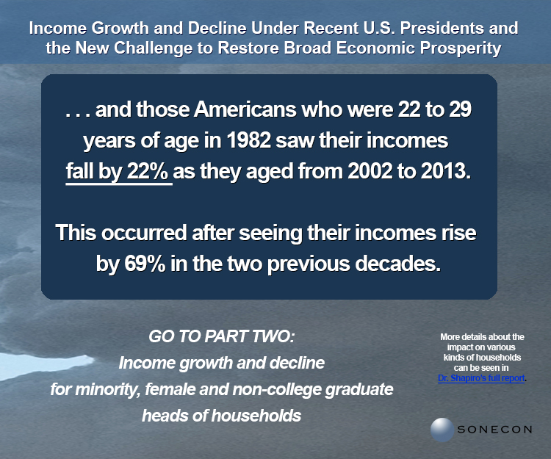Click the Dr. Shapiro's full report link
tap(481, 378)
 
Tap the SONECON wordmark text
tap(494, 430)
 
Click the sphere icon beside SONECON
tap(442, 430)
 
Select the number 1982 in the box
tap(249, 140)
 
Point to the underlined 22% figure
tap(148, 171)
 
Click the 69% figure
tap(145, 264)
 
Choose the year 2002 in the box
tap(370, 171)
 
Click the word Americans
tap(245, 109)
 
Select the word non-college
tap(276, 389)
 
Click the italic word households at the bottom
tap(256, 416)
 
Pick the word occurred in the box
tap(144, 233)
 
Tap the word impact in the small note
tap(458, 347)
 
